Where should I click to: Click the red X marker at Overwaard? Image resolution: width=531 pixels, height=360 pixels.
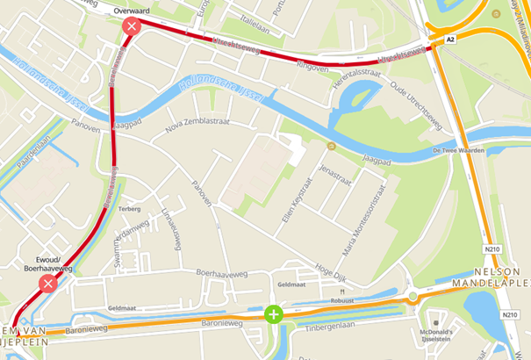tap(132, 26)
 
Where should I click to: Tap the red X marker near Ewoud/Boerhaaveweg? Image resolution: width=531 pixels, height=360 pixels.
tap(48, 283)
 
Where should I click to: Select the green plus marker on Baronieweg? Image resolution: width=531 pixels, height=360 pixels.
tap(274, 313)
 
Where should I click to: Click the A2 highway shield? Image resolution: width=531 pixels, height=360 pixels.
tap(450, 40)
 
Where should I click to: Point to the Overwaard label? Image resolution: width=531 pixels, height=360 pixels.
tap(132, 10)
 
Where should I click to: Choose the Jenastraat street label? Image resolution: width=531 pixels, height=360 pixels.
tap(335, 175)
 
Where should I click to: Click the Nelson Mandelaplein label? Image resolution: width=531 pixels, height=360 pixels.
tap(491, 278)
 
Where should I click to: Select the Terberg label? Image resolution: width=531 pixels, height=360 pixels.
tap(130, 209)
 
